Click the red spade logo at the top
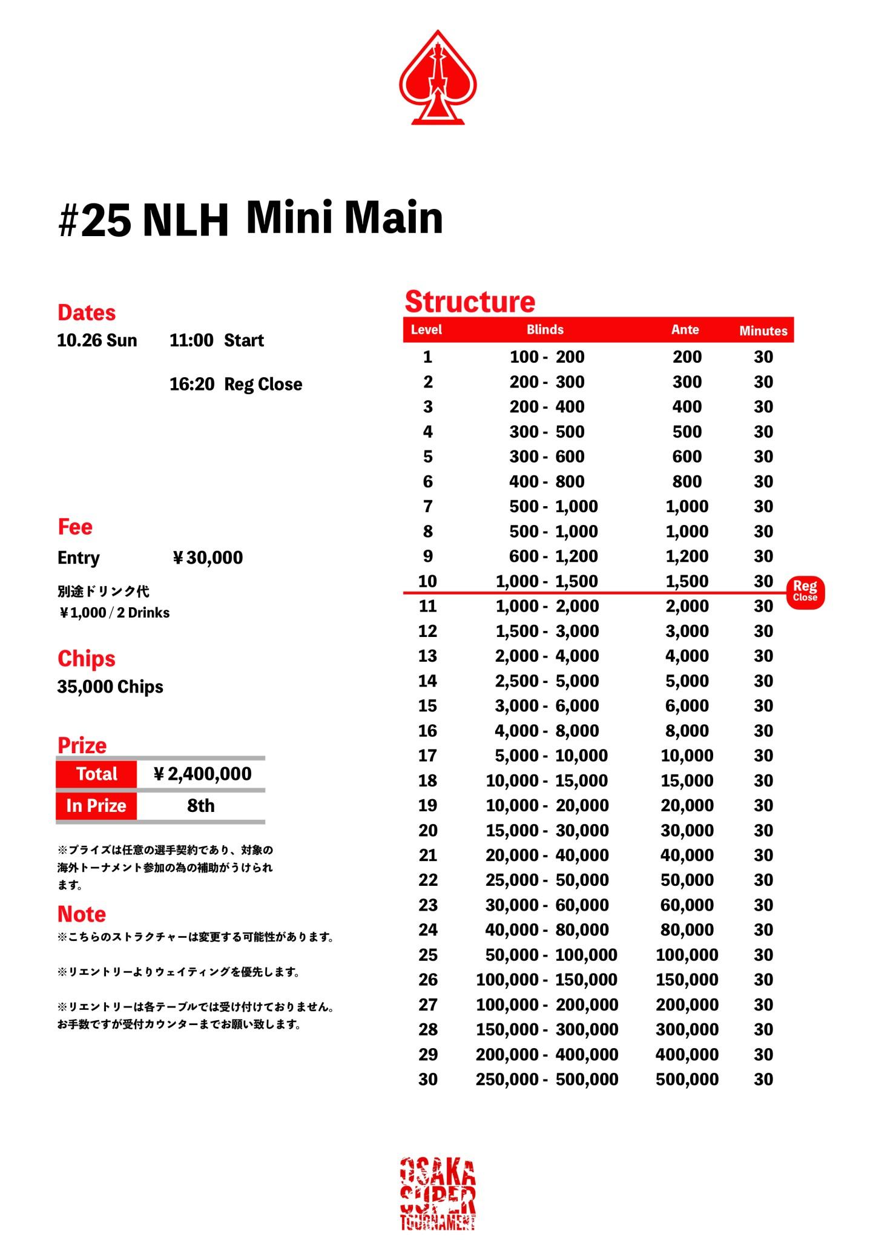(x=438, y=79)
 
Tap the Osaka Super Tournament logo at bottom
(x=438, y=1193)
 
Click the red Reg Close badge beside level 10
(x=805, y=591)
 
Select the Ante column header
(x=685, y=330)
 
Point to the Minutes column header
(x=763, y=331)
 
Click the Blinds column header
(x=545, y=330)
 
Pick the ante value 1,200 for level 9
(x=687, y=556)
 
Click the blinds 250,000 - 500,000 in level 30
(x=547, y=1079)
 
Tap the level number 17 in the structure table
(x=427, y=756)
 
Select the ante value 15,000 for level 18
(x=687, y=780)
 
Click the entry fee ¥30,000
(x=208, y=558)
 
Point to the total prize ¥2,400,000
(x=202, y=774)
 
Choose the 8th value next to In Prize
(x=200, y=806)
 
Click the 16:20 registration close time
(x=191, y=384)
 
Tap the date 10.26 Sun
(x=97, y=340)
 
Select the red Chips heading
(x=86, y=659)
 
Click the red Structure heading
(x=470, y=302)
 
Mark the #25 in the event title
(x=94, y=220)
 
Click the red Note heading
(x=81, y=914)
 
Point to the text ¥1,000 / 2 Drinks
(x=114, y=613)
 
